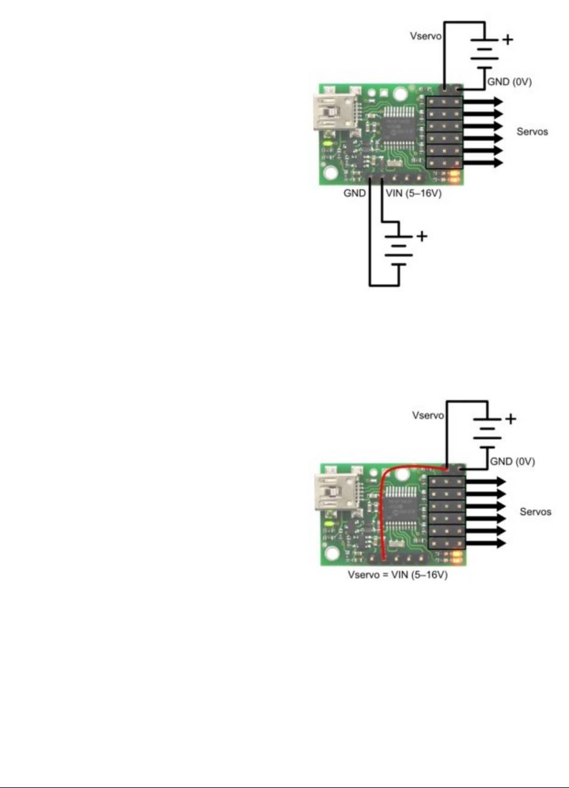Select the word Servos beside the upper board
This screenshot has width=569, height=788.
tap(532, 131)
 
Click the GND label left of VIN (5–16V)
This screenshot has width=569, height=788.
tap(354, 193)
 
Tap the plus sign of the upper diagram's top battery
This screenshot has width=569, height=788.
tap(506, 40)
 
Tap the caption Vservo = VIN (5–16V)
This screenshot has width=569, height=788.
tap(398, 574)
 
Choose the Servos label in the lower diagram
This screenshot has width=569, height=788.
tap(535, 511)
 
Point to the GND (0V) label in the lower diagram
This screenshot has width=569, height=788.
tap(512, 461)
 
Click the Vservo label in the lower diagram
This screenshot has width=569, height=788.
tap(427, 416)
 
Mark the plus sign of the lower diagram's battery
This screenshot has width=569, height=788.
tap(511, 420)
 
